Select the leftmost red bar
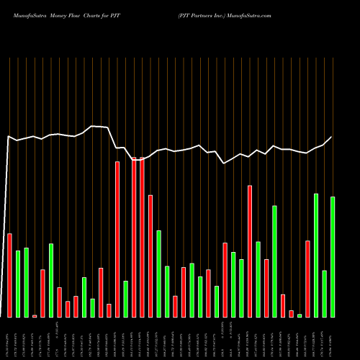tap(9, 275)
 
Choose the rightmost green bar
tap(333, 256)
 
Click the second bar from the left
tap(18, 284)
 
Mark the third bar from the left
tap(26, 282)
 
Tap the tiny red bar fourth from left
tap(35, 315)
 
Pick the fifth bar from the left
tap(42, 293)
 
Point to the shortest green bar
tap(300, 315)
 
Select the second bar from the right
tap(324, 293)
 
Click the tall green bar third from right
tap(316, 255)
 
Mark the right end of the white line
tap(332, 137)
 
